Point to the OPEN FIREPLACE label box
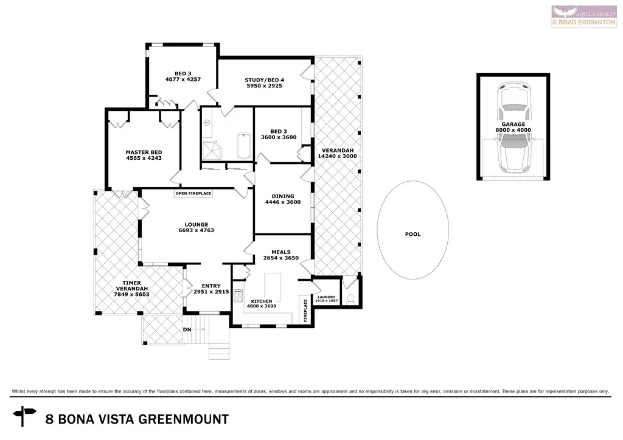click(x=193, y=194)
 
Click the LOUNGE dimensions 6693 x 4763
click(x=196, y=230)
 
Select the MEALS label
click(x=280, y=252)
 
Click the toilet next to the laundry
click(x=350, y=298)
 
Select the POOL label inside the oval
click(x=413, y=234)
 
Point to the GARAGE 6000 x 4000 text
click(x=512, y=127)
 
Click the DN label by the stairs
click(x=187, y=330)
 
